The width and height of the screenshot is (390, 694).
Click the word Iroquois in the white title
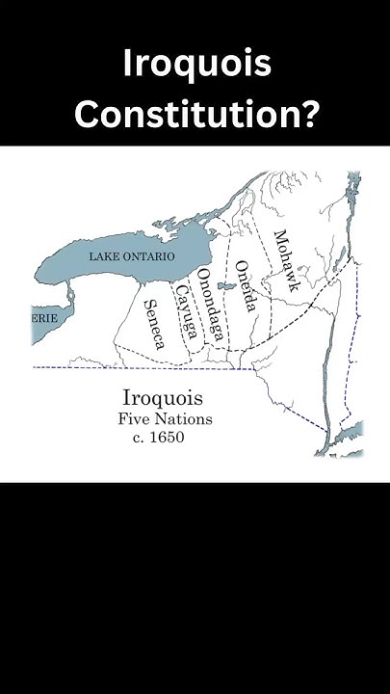point(196,66)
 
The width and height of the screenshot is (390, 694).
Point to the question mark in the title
point(306,115)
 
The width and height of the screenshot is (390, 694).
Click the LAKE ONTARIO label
point(132,256)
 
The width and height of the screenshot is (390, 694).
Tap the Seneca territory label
point(155,323)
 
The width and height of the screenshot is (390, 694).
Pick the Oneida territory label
point(247,286)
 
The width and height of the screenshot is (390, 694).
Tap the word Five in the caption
point(135,419)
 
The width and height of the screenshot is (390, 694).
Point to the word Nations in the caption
point(185,419)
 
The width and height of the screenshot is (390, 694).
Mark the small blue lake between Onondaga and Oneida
point(227,285)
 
